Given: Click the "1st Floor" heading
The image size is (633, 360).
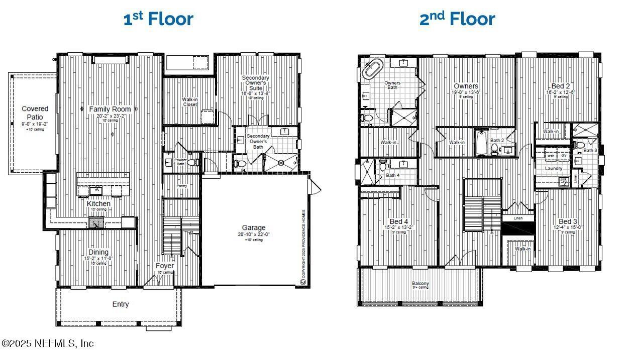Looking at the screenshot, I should [158, 19].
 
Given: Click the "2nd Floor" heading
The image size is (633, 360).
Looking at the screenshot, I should [457, 19].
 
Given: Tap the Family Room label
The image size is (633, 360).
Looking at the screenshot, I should [110, 109].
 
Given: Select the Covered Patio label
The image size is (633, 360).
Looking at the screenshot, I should [35, 112].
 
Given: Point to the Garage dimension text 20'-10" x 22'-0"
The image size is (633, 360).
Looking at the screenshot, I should [254, 234].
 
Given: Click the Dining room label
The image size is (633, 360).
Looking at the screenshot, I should [98, 252].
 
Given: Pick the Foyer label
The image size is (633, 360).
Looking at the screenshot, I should [165, 266].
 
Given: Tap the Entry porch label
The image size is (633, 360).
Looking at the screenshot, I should [121, 304].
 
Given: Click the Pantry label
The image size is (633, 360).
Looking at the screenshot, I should [181, 186].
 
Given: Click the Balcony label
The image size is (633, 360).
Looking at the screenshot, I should [420, 284].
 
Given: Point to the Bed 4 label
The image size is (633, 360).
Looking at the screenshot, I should [399, 221].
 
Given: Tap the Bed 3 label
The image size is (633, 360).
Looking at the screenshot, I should [568, 221].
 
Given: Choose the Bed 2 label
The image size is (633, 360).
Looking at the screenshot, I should [560, 86].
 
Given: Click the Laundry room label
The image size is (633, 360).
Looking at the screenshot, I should [554, 169].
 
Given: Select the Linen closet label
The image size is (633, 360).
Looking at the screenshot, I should [517, 218].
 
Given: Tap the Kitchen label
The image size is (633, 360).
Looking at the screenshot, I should [98, 204].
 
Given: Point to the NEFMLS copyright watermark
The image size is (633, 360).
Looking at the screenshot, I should [48, 343].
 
